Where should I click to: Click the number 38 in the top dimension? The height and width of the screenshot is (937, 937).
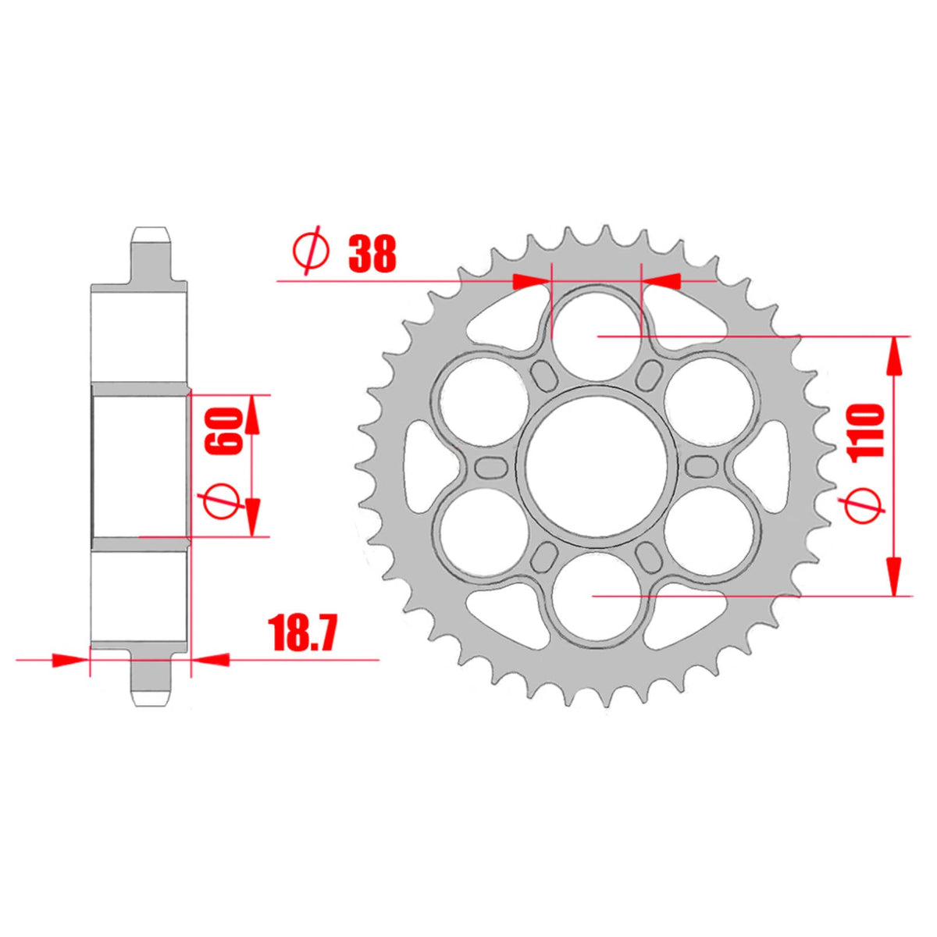click(372, 253)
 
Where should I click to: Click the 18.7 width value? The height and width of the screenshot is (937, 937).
click(302, 633)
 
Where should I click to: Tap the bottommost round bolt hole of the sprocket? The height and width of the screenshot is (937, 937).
click(597, 597)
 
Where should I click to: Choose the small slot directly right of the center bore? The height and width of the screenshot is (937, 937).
click(701, 466)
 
